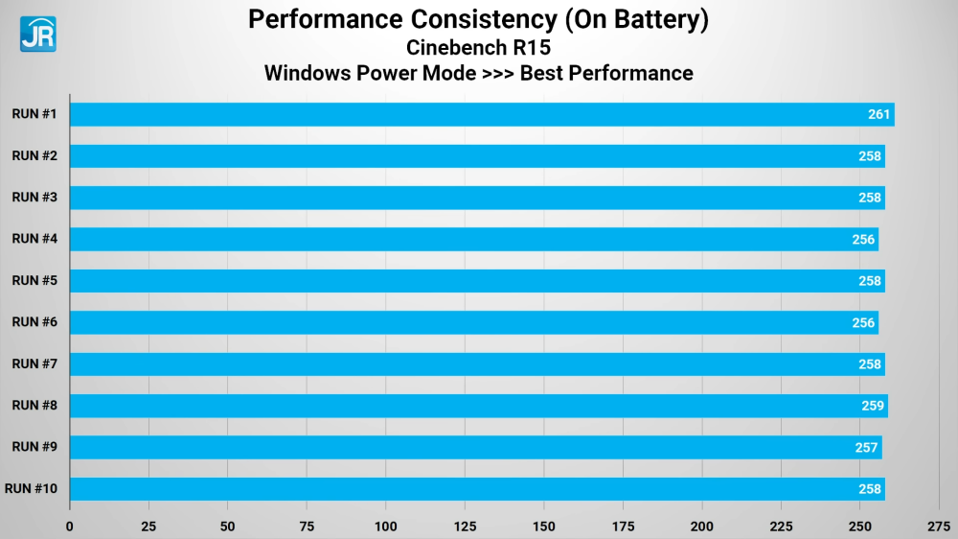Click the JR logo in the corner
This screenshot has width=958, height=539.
click(x=37, y=34)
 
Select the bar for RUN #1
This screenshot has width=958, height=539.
click(x=479, y=114)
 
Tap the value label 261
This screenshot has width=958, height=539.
click(x=879, y=115)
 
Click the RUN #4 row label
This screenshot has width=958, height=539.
click(x=34, y=239)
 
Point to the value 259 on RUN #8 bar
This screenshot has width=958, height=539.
click(x=873, y=406)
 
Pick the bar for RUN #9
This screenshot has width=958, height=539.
click(x=474, y=447)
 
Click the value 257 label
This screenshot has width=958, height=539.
click(x=867, y=448)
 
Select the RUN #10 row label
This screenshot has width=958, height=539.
click(x=32, y=489)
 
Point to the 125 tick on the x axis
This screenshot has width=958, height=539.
click(x=465, y=527)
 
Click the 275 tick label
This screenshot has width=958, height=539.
click(x=939, y=527)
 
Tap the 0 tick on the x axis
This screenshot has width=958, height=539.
click(x=70, y=527)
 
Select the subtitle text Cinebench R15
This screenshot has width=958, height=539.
click(x=478, y=47)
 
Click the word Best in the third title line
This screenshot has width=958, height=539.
click(x=546, y=73)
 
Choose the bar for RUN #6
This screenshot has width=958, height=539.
click(x=473, y=322)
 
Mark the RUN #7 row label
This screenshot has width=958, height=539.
click(x=34, y=363)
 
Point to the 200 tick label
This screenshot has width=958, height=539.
click(x=701, y=527)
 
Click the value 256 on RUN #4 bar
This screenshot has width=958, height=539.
click(x=863, y=240)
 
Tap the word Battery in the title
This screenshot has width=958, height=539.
click(x=661, y=20)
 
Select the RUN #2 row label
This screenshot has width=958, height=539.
click(x=34, y=155)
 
